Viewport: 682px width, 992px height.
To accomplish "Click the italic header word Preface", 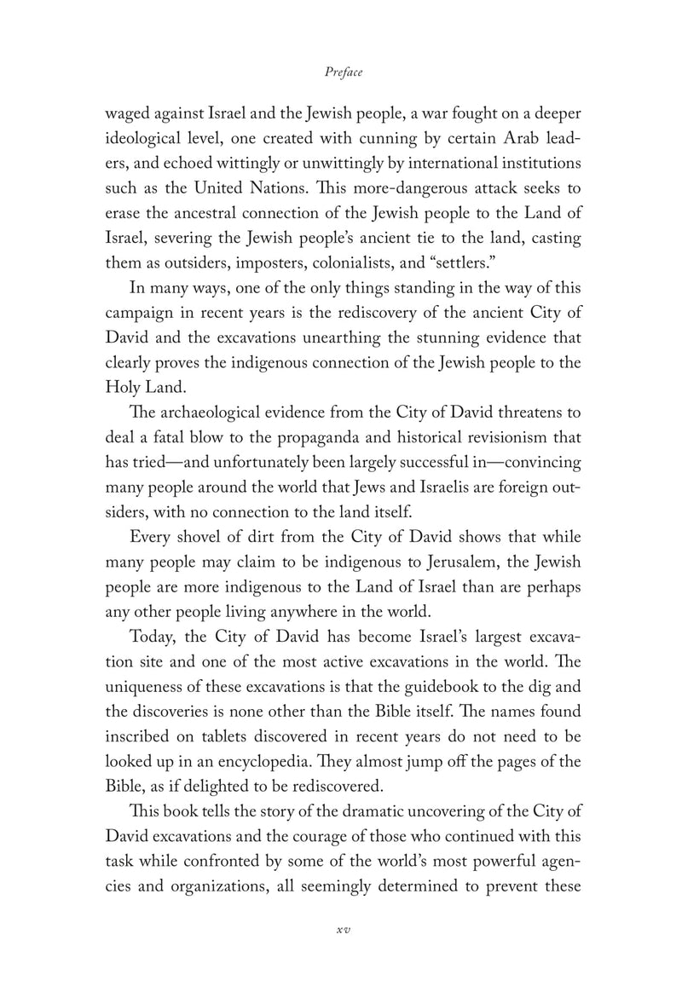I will click(x=344, y=72).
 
